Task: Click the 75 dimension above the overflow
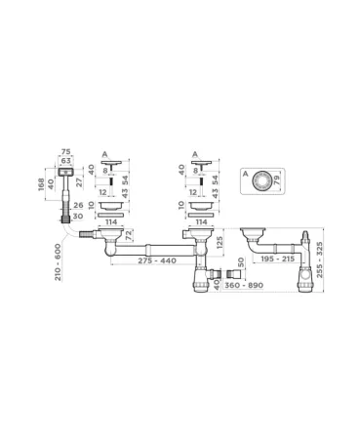(66, 152)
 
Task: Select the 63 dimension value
(66, 160)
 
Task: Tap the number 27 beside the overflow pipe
(78, 182)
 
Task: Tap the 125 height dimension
(221, 241)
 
